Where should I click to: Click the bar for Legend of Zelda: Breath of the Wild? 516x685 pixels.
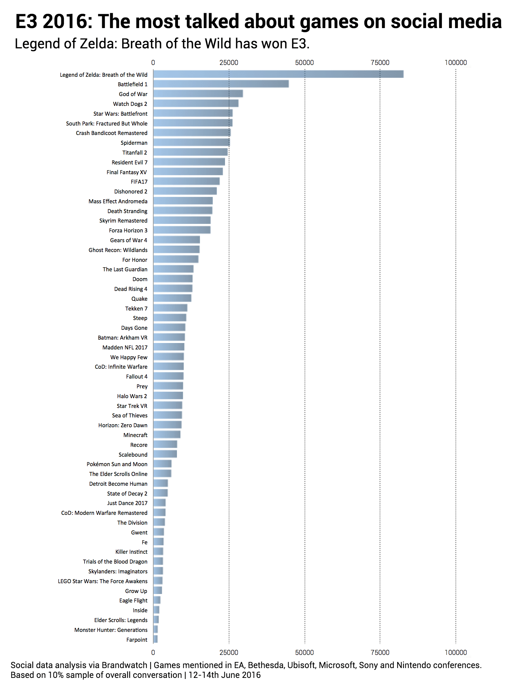point(278,74)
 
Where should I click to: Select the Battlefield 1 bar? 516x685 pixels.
point(221,84)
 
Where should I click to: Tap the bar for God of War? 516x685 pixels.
point(198,94)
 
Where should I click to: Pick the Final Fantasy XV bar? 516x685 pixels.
point(188,172)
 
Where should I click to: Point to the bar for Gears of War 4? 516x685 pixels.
point(176,240)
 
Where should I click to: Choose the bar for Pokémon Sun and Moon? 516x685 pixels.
point(162,464)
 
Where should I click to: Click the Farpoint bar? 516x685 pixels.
point(155,639)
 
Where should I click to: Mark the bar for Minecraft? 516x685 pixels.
point(166,434)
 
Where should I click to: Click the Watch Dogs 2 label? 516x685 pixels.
point(130,104)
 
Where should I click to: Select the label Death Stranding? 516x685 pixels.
point(127,211)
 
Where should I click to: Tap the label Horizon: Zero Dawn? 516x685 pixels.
point(123,425)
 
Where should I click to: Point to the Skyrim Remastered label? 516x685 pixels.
point(123,221)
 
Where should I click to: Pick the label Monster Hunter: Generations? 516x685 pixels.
point(111,630)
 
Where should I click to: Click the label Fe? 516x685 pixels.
point(144,542)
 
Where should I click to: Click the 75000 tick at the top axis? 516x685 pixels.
point(380,63)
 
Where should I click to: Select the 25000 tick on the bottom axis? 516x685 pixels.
point(229,653)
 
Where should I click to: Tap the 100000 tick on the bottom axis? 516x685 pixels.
point(455,653)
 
